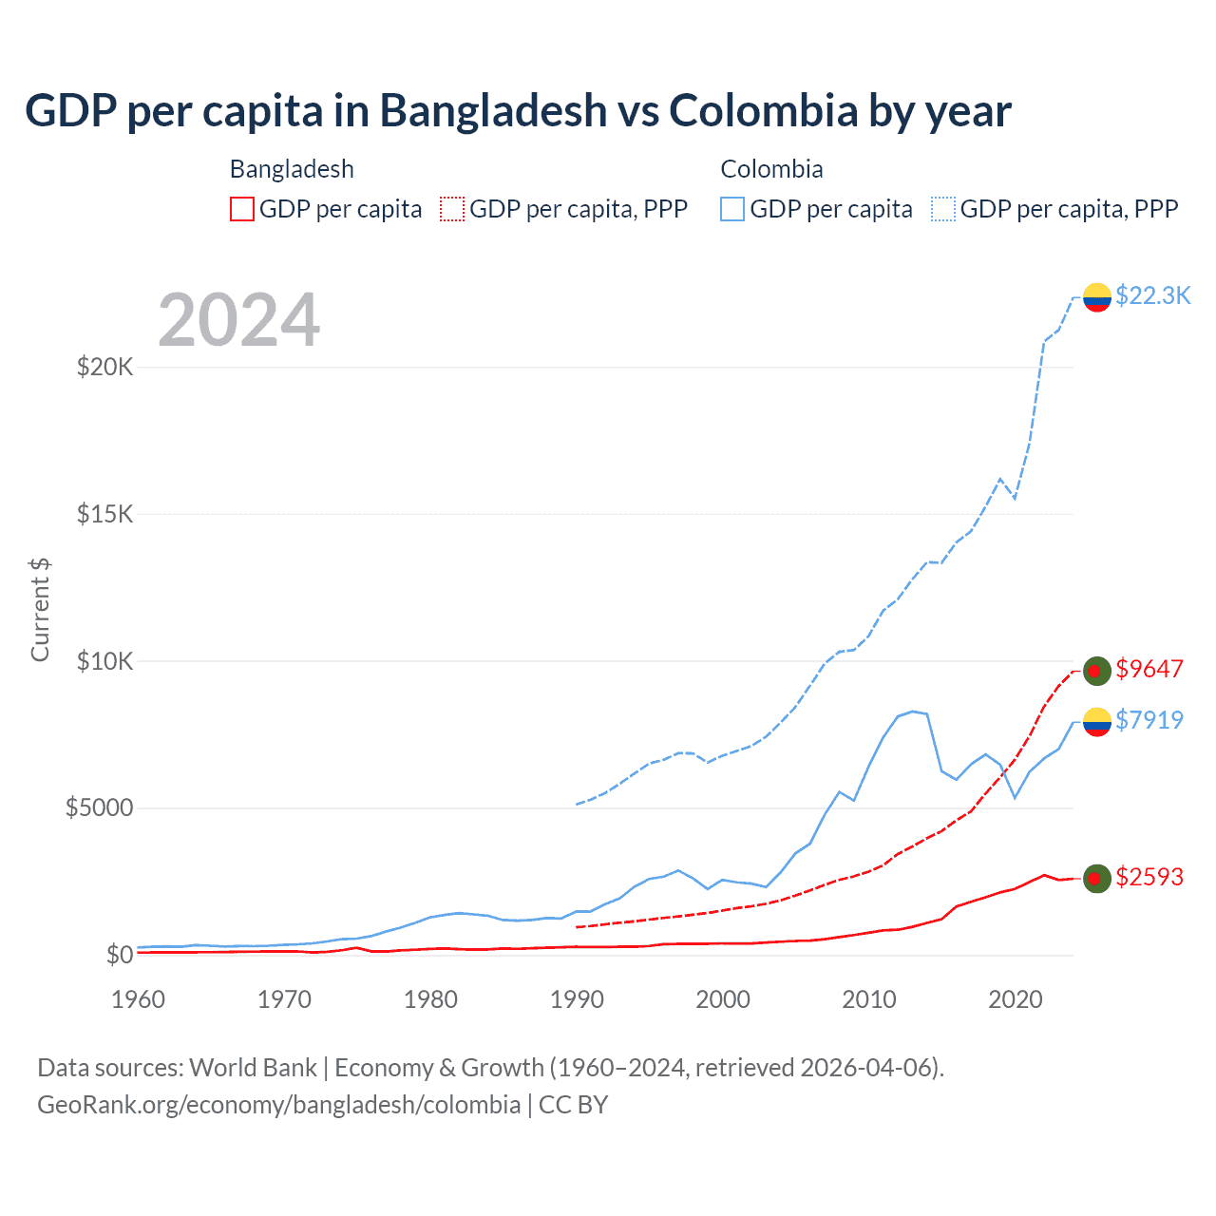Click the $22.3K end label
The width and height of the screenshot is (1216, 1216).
point(1152,295)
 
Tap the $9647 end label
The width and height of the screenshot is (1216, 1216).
point(1149,669)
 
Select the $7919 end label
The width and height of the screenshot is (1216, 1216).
point(1149,720)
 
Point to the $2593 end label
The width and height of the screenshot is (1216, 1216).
point(1149,877)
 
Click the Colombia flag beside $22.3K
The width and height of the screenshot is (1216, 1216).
point(1097,297)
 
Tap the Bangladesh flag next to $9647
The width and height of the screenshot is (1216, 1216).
point(1097,671)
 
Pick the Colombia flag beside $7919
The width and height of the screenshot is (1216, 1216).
point(1097,722)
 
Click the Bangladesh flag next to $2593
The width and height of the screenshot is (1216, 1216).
point(1097,879)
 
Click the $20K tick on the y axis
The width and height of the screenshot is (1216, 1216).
point(104,367)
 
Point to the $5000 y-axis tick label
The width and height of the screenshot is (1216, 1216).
point(99,808)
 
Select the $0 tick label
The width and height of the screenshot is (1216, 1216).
point(119,955)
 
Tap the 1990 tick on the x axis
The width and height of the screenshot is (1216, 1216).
point(577,999)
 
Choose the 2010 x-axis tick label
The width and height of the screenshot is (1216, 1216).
point(869,999)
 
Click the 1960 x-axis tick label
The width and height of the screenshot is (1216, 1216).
point(139,999)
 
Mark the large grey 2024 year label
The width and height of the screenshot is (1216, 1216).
point(238,320)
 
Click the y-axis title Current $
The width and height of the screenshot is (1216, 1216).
point(40,609)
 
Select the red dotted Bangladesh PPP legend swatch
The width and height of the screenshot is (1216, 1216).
point(452,209)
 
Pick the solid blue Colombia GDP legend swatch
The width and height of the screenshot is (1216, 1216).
point(732,209)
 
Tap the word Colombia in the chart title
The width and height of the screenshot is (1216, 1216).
point(764,111)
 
